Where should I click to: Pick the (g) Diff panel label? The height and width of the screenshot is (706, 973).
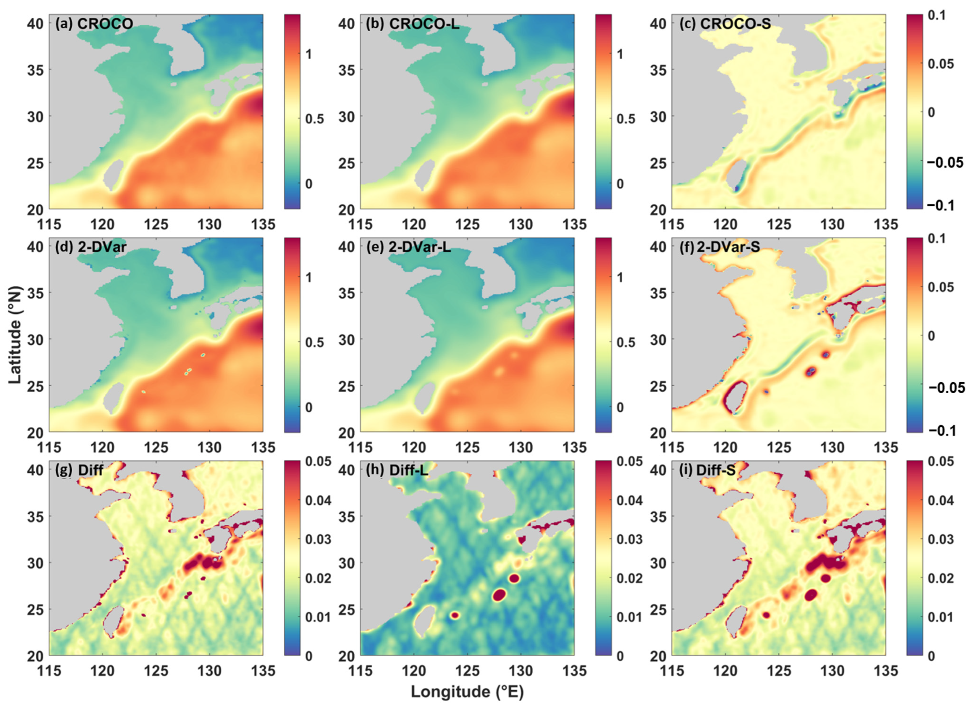tap(79, 470)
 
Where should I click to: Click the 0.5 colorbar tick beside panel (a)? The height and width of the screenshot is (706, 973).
tap(314, 119)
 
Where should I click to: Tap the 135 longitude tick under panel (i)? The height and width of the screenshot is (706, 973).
tap(885, 671)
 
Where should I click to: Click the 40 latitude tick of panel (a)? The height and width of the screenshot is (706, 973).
tap(35, 24)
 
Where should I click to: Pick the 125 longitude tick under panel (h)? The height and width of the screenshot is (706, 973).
tap(467, 671)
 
